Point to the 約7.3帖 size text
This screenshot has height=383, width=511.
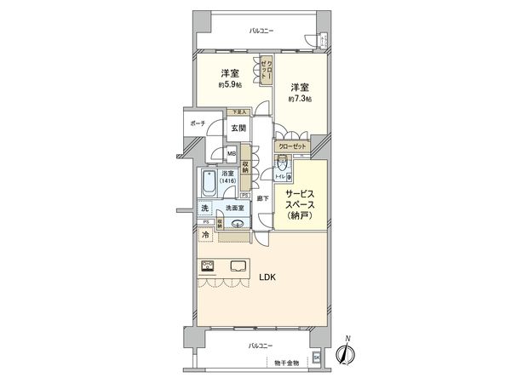point(299,99)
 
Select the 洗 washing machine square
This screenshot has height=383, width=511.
point(204,209)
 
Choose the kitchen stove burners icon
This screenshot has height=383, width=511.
point(207,265)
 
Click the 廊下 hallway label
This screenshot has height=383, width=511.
point(263,197)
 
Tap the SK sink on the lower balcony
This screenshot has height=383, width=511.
point(316,357)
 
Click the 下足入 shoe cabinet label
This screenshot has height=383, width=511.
point(239,112)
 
